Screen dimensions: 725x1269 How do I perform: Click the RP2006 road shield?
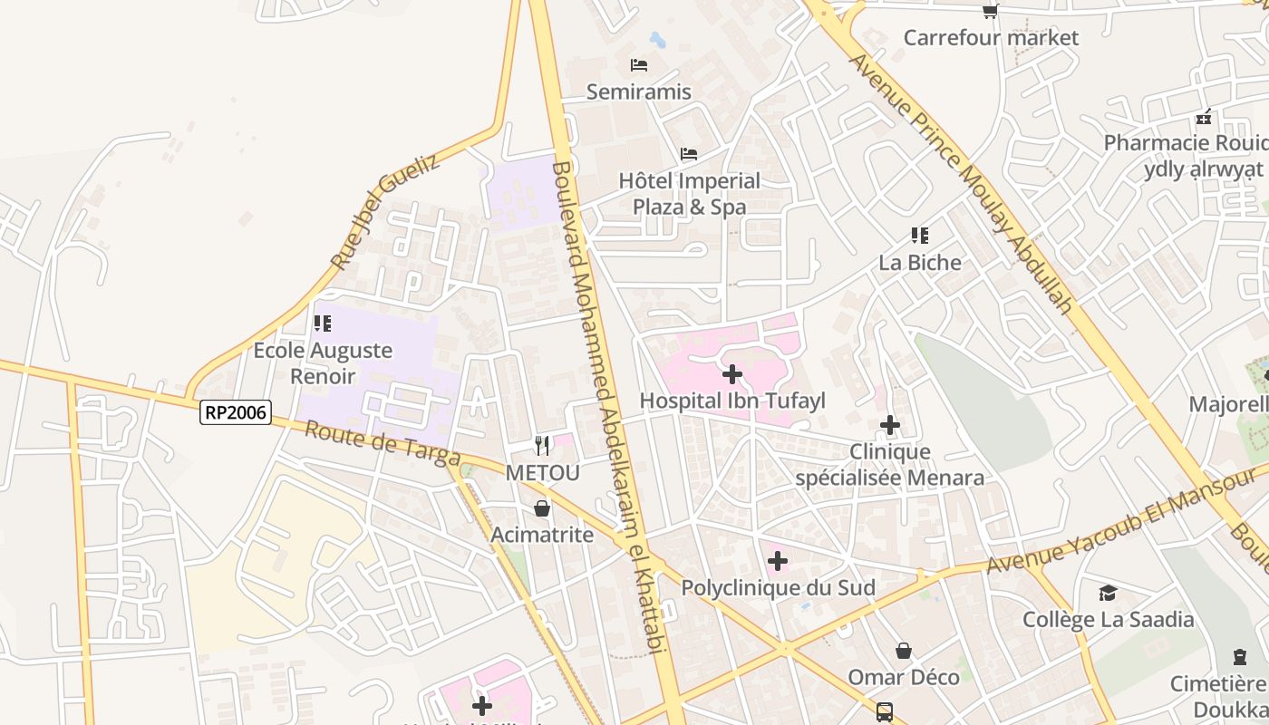[x=236, y=412]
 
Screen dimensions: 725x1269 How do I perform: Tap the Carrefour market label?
[x=991, y=37]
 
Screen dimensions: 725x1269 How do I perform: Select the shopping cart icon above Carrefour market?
[x=991, y=11]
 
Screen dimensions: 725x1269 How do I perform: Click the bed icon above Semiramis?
[x=639, y=65]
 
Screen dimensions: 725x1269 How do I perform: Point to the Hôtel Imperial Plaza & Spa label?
[x=690, y=194]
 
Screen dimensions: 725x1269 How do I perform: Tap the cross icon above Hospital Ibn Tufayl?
[x=732, y=373]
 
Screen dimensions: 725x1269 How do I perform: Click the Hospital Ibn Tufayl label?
[x=732, y=401]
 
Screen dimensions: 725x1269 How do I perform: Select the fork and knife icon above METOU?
[x=542, y=445]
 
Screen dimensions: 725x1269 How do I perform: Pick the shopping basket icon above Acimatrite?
[x=542, y=508]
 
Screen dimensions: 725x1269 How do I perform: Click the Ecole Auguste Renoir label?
[x=323, y=362]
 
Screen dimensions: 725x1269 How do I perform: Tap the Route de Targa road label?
[x=383, y=443]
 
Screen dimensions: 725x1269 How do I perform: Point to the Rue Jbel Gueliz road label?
[x=384, y=211]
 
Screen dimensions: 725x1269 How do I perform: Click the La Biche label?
[x=920, y=263]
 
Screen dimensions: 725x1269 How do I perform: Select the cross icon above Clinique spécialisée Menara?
[x=890, y=424]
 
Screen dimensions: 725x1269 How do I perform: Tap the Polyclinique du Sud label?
[x=778, y=588]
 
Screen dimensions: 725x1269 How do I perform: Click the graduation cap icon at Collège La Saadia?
[x=1108, y=593]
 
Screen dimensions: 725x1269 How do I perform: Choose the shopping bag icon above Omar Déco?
[x=904, y=651]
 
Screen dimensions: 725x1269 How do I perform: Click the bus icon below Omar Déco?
[x=885, y=712]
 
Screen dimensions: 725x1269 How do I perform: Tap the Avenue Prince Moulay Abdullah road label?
[x=961, y=181]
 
